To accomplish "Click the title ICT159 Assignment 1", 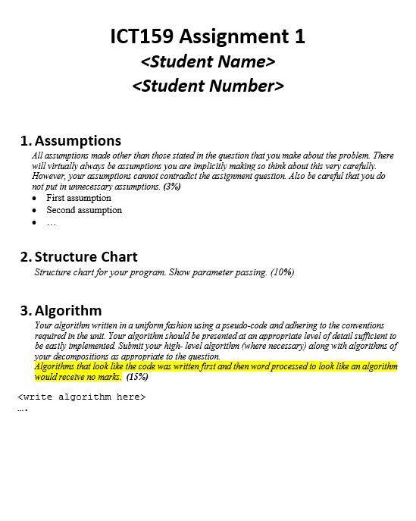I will [208, 36].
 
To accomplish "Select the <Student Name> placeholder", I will [208, 61].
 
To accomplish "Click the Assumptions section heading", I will [77, 141].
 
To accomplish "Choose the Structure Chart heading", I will [86, 257].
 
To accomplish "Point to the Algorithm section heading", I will [67, 311].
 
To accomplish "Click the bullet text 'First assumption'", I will [79, 198].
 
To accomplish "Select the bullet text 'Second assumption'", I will [84, 210].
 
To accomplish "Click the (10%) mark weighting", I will [282, 272].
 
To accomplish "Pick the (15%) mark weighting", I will [137, 376].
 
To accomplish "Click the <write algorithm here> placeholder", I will [81, 397].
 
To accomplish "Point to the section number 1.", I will [26, 141].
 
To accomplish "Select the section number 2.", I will [26, 257].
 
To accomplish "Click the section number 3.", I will [26, 311].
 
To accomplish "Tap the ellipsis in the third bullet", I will [52, 223].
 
